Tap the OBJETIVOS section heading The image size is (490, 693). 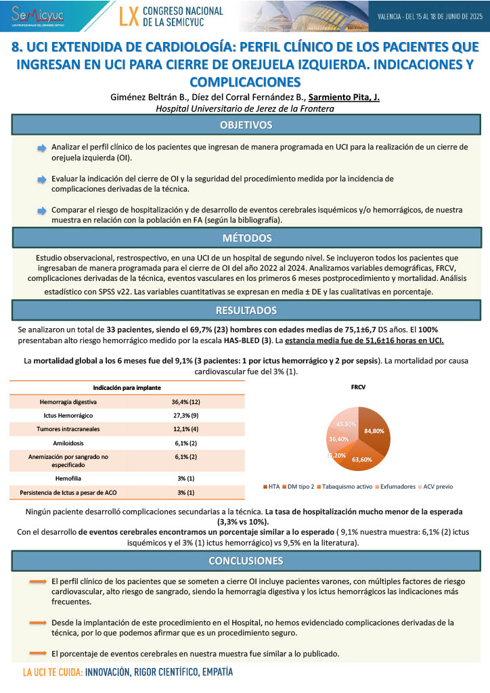pyautogui.click(x=245, y=125)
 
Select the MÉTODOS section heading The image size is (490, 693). pyautogui.click(x=245, y=238)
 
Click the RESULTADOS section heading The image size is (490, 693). pyautogui.click(x=245, y=310)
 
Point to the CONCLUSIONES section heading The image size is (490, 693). pyautogui.click(x=245, y=561)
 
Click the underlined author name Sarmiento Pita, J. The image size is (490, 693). pyautogui.click(x=344, y=97)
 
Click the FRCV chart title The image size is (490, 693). pyautogui.click(x=358, y=390)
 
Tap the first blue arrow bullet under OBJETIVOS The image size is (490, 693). pyautogui.click(x=42, y=148)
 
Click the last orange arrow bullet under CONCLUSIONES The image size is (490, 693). pyautogui.click(x=38, y=653)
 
